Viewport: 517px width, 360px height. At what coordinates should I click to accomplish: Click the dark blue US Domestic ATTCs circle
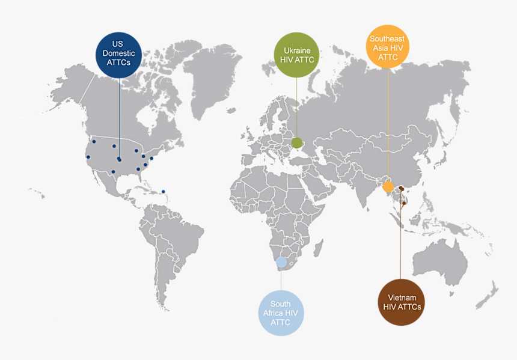point(118,54)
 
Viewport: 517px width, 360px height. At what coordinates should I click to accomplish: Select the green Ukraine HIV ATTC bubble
point(297,55)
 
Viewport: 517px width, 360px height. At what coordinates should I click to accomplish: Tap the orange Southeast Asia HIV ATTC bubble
point(388,48)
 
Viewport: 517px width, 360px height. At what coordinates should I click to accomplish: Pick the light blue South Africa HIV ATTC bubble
point(281,313)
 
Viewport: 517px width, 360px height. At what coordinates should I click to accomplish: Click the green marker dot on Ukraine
point(297,142)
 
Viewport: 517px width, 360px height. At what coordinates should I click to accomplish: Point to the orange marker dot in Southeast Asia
point(388,186)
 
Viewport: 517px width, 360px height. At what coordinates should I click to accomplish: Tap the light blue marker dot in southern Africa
point(281,262)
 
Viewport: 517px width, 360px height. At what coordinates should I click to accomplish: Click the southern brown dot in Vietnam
point(405,203)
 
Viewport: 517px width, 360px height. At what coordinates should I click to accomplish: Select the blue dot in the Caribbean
point(164,192)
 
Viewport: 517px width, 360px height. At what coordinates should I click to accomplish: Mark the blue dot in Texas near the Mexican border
point(113,171)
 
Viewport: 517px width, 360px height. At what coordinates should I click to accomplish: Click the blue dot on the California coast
point(88,157)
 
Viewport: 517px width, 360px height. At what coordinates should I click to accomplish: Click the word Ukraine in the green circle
point(297,50)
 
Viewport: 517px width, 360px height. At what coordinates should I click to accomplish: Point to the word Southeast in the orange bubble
point(388,38)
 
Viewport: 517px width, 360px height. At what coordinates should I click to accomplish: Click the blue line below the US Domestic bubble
point(119,114)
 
